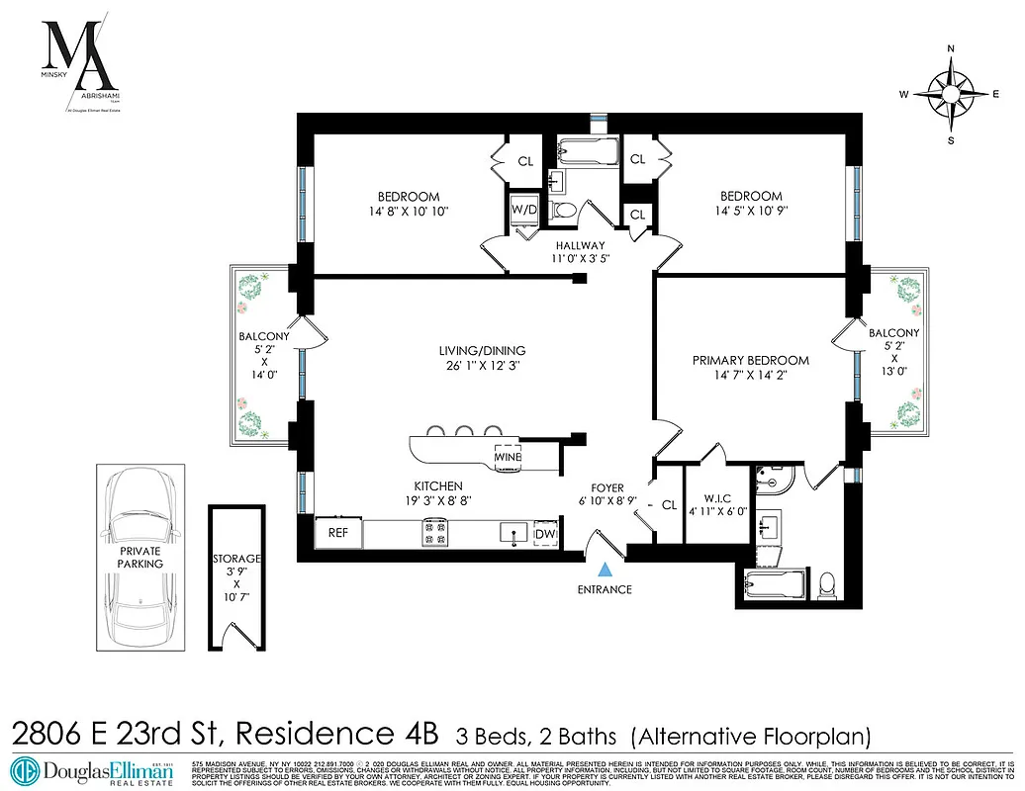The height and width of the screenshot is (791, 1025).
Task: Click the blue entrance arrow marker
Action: tap(606, 570)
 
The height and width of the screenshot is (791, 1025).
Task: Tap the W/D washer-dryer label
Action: tap(522, 210)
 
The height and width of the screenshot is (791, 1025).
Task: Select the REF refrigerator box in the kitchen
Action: tap(336, 534)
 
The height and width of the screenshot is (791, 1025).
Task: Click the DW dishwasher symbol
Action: tap(545, 535)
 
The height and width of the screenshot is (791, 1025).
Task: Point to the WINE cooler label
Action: tap(509, 459)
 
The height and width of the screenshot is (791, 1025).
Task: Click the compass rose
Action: tap(951, 94)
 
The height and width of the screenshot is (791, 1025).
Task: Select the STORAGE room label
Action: tap(236, 560)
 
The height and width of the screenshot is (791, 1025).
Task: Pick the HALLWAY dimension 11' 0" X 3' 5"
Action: tap(581, 260)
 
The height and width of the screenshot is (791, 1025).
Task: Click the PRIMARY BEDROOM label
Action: tap(750, 361)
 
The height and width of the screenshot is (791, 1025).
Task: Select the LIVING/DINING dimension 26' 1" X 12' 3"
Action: tap(482, 366)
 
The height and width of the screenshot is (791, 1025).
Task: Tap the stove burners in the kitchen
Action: tap(434, 534)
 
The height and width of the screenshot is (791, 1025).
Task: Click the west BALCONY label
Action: tap(264, 336)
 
